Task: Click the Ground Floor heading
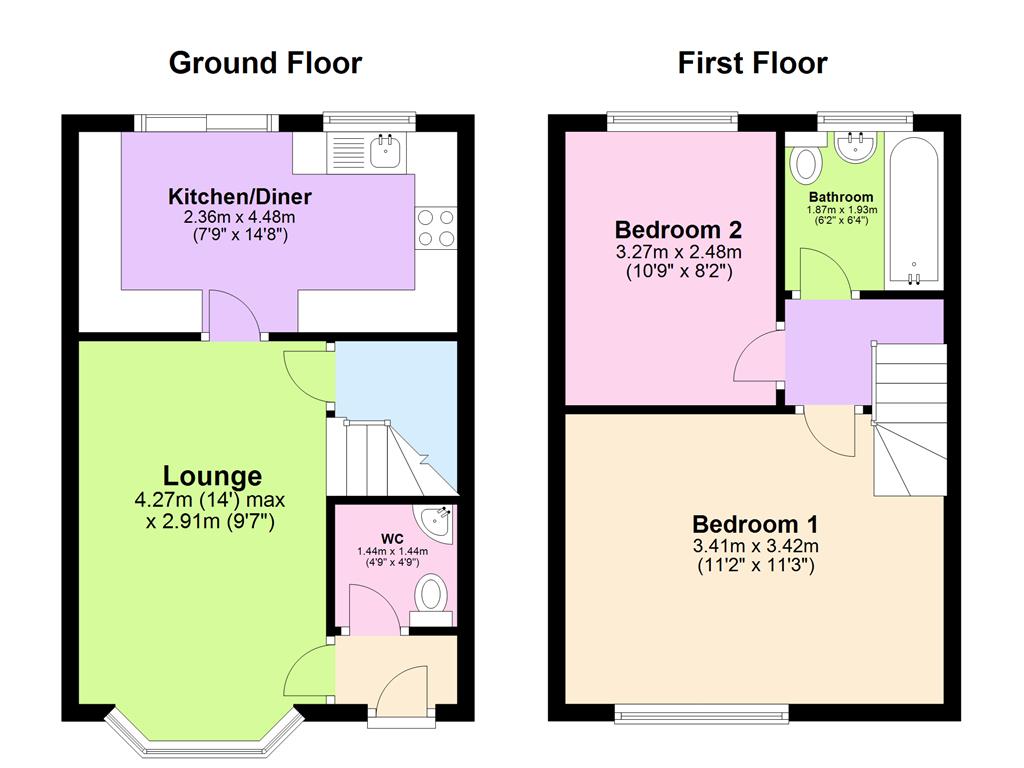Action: [x=265, y=63]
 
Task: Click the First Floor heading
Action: [x=752, y=63]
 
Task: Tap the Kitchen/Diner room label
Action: [x=240, y=197]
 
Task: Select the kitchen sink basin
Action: [x=386, y=152]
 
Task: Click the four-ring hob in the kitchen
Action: [x=436, y=227]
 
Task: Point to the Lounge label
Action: [x=212, y=476]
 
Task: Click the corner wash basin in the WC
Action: [x=437, y=520]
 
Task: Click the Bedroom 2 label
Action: [x=679, y=230]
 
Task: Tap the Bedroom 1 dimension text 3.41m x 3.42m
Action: [x=756, y=546]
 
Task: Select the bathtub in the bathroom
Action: [x=914, y=212]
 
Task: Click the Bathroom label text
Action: [x=841, y=197]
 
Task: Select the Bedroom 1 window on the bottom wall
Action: [x=702, y=714]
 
